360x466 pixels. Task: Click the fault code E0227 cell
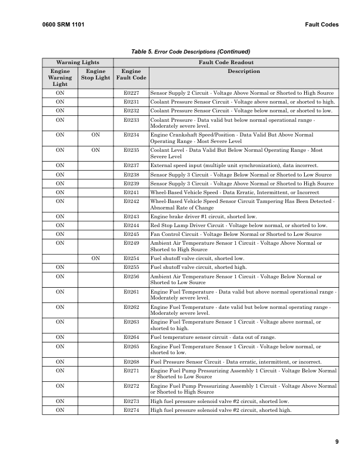pos(131,93)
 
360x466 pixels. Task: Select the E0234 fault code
pos(131,135)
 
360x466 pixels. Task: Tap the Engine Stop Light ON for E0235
pos(95,149)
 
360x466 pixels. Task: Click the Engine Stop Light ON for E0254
pos(95,258)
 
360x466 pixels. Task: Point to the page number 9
pos(336,441)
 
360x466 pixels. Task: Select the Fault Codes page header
pos(322,24)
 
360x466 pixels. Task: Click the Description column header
pos(243,71)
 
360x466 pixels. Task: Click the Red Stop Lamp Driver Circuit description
pos(239,225)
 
